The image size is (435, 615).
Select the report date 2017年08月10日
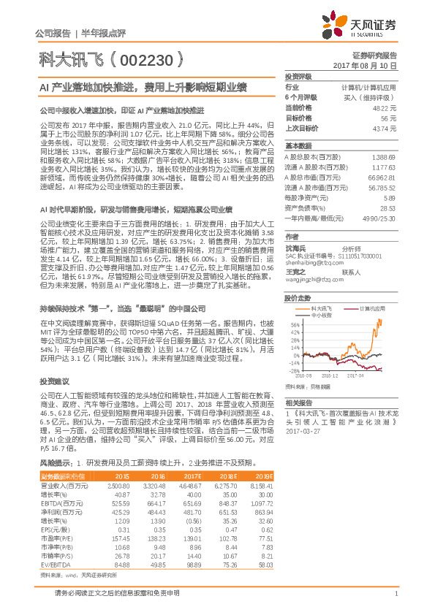(373, 65)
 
